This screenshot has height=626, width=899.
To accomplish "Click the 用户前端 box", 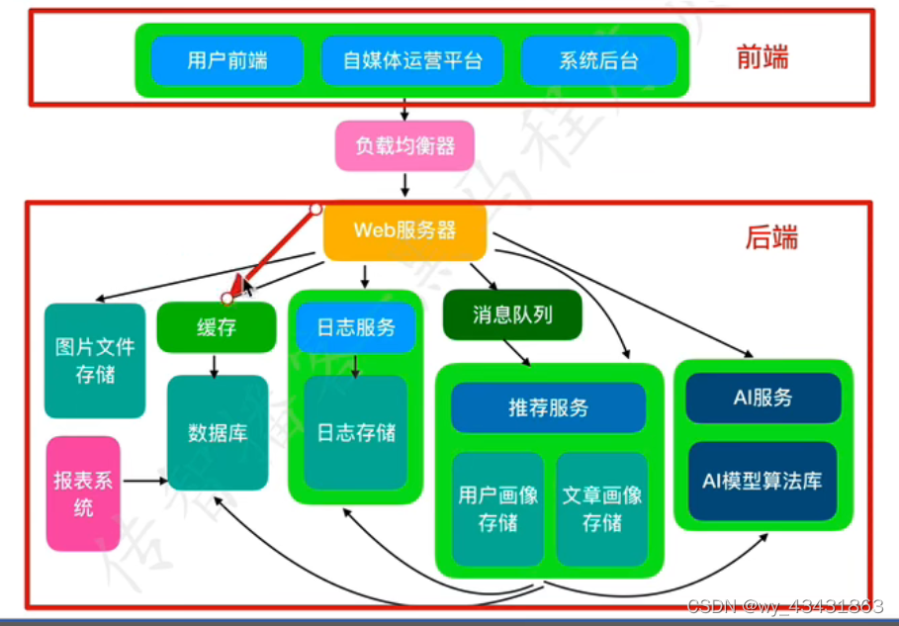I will [x=226, y=60].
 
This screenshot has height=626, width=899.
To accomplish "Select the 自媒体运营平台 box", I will [x=411, y=60].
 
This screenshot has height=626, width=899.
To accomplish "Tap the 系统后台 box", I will [x=598, y=60].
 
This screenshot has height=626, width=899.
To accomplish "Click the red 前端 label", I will [x=763, y=57].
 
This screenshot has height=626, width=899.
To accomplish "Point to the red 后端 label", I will [x=771, y=238].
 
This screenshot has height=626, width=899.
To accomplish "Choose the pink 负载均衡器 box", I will [x=405, y=146].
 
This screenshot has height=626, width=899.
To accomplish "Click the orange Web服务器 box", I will [x=405, y=231].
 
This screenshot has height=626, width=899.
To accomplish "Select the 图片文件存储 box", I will [x=95, y=361].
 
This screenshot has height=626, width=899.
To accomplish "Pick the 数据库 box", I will [x=218, y=432].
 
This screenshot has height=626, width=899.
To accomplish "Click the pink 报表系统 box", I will [x=83, y=493].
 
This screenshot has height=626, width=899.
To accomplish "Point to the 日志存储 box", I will [x=356, y=432].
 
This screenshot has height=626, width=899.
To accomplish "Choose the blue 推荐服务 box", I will [x=548, y=407].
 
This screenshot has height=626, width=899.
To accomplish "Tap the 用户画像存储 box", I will [x=497, y=508].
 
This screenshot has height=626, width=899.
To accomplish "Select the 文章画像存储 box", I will [x=601, y=508].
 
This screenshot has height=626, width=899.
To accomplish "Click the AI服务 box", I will [x=763, y=399].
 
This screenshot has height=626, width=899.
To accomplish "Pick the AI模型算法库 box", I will [x=763, y=482].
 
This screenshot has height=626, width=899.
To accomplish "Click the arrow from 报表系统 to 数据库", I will [x=143, y=481].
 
